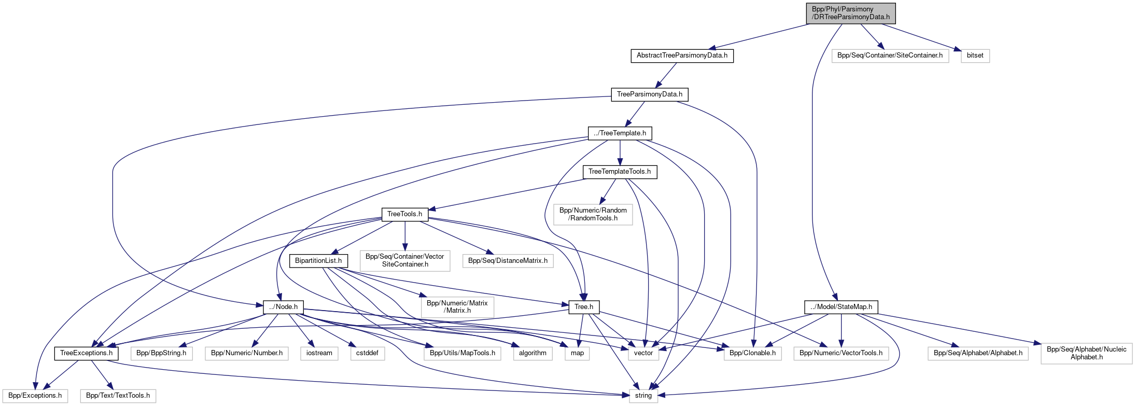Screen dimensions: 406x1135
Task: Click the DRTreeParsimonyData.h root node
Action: coord(850,13)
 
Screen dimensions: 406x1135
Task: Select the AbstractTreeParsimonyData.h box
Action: coord(682,55)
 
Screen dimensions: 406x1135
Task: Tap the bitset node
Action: coord(975,55)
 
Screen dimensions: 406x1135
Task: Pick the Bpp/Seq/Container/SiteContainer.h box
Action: coord(890,55)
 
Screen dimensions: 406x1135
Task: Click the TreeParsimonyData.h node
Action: coord(649,94)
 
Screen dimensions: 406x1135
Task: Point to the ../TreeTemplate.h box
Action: coord(620,133)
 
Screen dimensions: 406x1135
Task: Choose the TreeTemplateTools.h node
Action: coord(620,172)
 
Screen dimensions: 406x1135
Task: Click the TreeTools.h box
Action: coord(404,214)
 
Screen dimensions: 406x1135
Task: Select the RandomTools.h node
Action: coord(593,214)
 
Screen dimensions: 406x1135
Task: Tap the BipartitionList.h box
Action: coord(318,261)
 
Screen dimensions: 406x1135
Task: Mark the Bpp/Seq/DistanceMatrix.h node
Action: coord(508,261)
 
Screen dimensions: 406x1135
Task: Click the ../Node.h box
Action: coord(283,307)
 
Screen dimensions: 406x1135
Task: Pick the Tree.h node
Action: coord(584,307)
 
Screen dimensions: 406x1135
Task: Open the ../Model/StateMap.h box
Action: coord(841,307)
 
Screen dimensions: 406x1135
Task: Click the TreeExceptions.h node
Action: coord(86,353)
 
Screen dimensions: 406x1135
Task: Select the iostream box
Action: coord(319,353)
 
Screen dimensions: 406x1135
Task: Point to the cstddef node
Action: coord(367,353)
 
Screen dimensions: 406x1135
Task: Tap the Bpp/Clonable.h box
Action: coord(752,353)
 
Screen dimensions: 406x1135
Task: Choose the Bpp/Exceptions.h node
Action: coord(35,396)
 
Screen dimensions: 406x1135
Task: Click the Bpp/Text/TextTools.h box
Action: coord(118,396)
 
